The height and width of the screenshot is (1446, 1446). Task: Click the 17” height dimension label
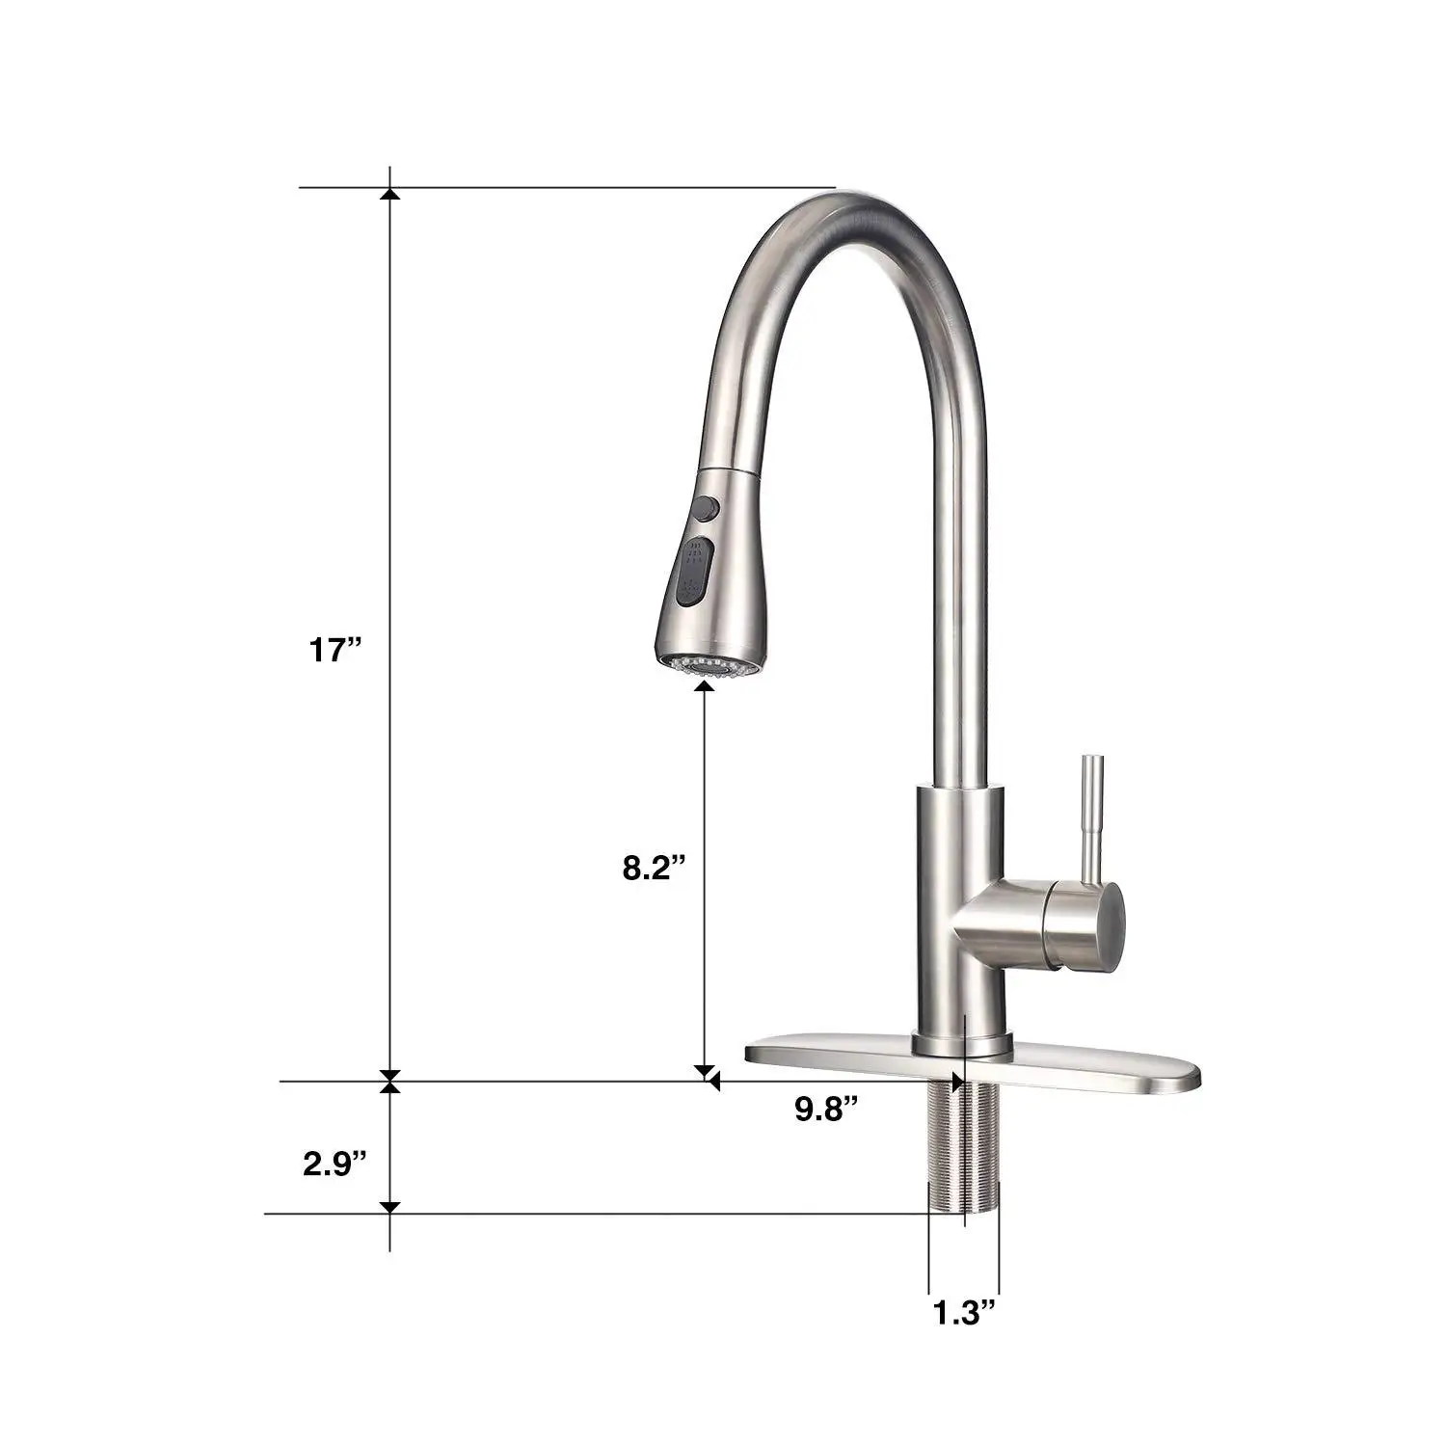tap(334, 650)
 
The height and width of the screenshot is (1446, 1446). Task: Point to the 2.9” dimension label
tap(335, 1162)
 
